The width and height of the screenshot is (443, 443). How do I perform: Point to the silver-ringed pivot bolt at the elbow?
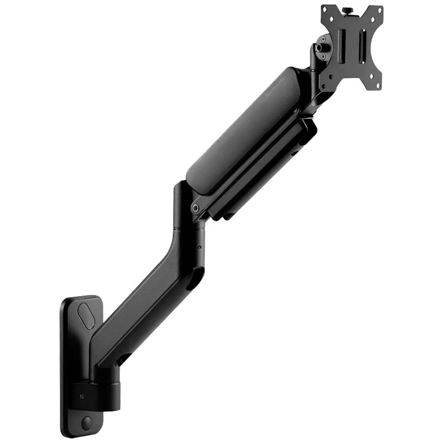(195, 208)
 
